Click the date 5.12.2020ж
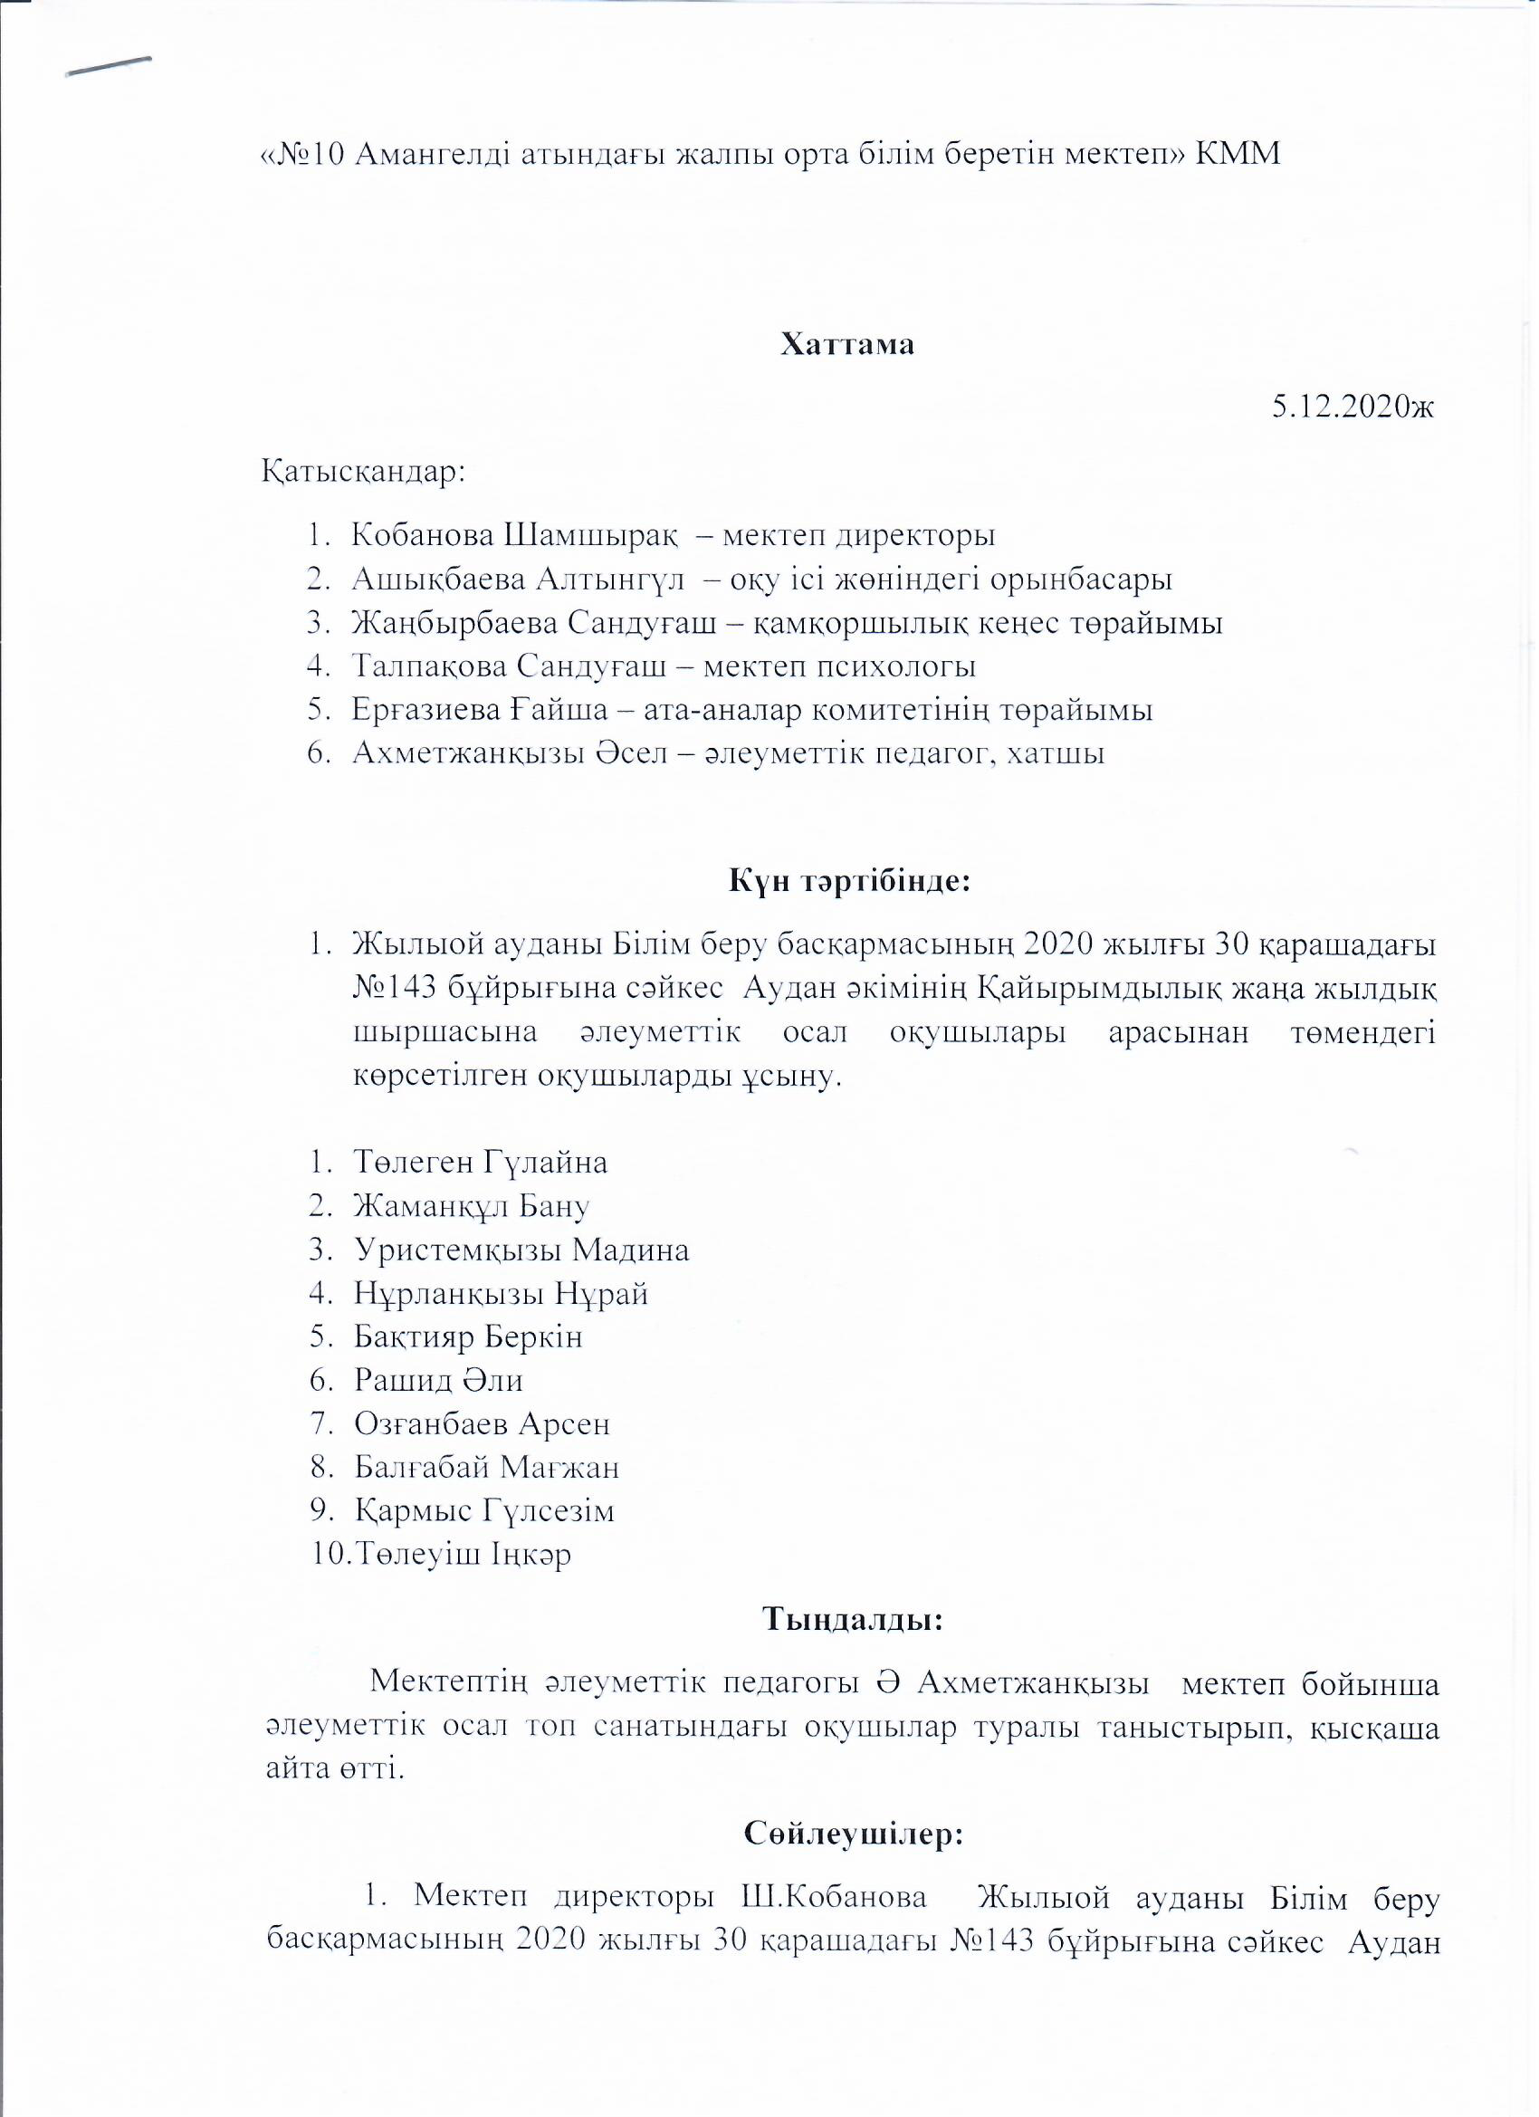point(1353,407)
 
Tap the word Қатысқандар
point(363,470)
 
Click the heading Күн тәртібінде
point(849,881)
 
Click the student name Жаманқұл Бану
point(472,1206)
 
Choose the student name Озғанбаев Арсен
point(482,1423)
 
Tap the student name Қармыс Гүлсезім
point(483,1510)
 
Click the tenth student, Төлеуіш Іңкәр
point(462,1554)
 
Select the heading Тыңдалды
point(853,1619)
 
